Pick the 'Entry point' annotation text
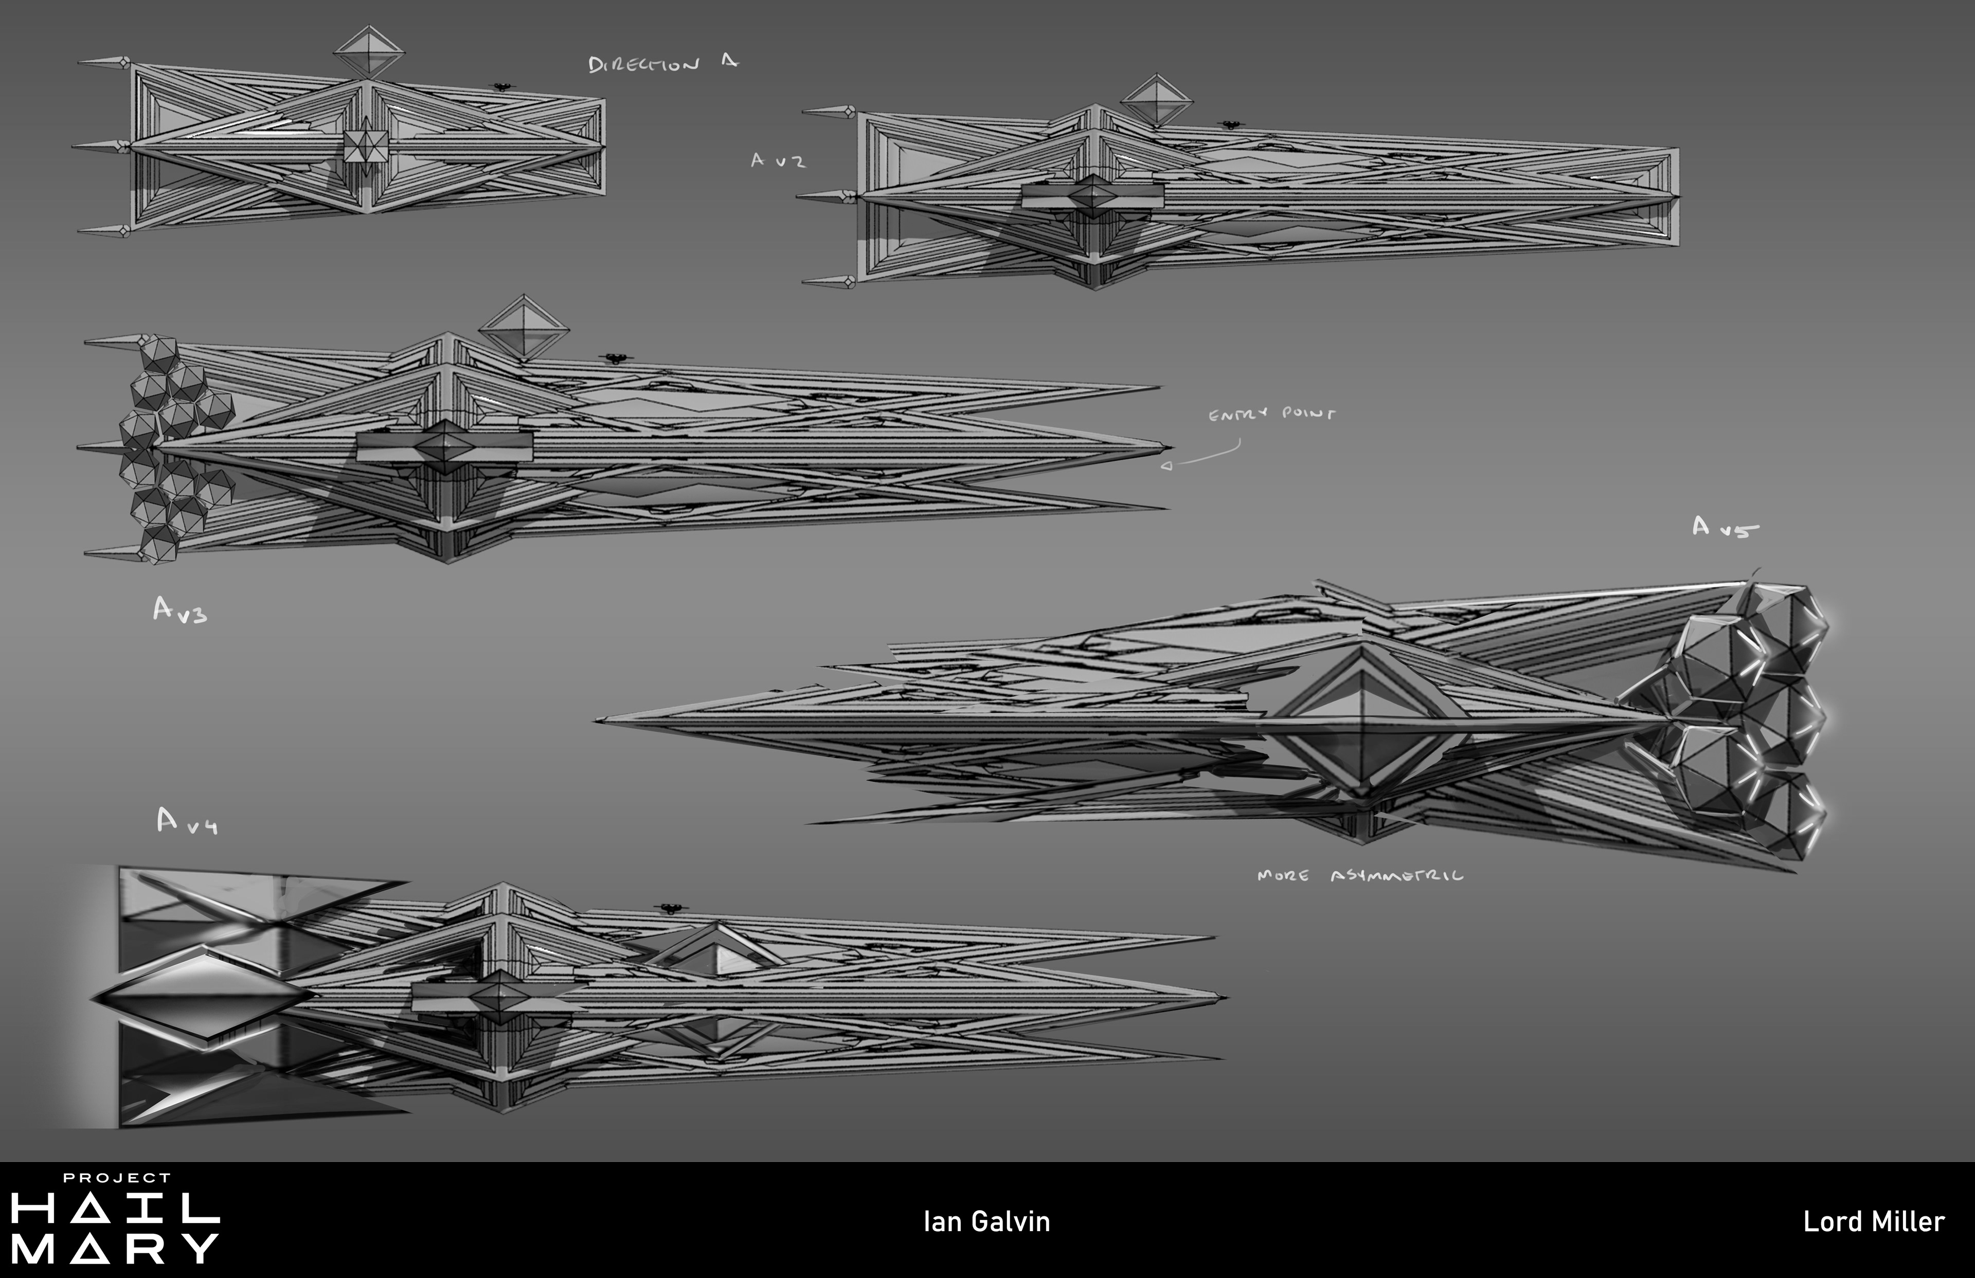[x=1271, y=413]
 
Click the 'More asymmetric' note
[x=1360, y=875]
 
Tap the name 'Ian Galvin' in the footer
[x=986, y=1221]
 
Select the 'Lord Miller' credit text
[x=1874, y=1221]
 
